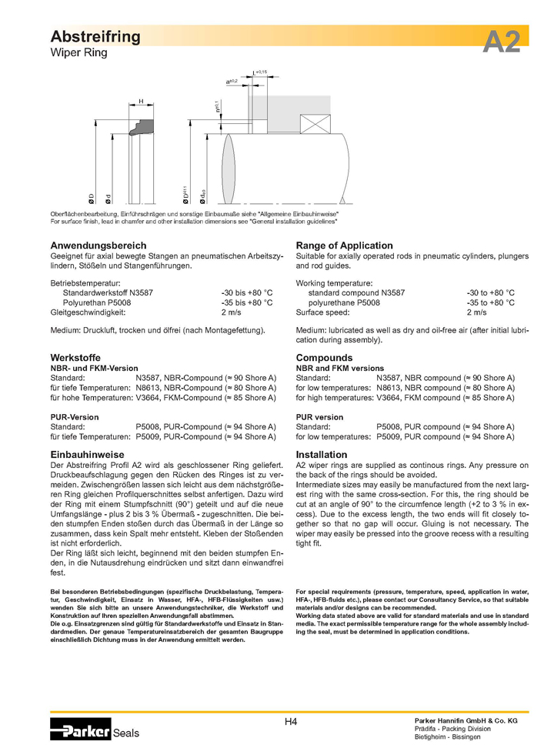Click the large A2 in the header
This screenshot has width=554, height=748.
(501, 41)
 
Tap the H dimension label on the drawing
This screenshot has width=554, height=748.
(141, 101)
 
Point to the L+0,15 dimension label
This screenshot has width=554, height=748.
(259, 72)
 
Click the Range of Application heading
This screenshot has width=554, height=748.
(344, 245)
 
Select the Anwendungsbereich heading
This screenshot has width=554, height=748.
(98, 245)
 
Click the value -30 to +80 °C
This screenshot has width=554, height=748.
(490, 293)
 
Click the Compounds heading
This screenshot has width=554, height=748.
(324, 358)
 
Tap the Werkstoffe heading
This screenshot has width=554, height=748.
(75, 358)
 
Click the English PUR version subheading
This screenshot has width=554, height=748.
(319, 417)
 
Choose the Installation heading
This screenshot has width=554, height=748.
(322, 455)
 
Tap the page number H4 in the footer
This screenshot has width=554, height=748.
(291, 722)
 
